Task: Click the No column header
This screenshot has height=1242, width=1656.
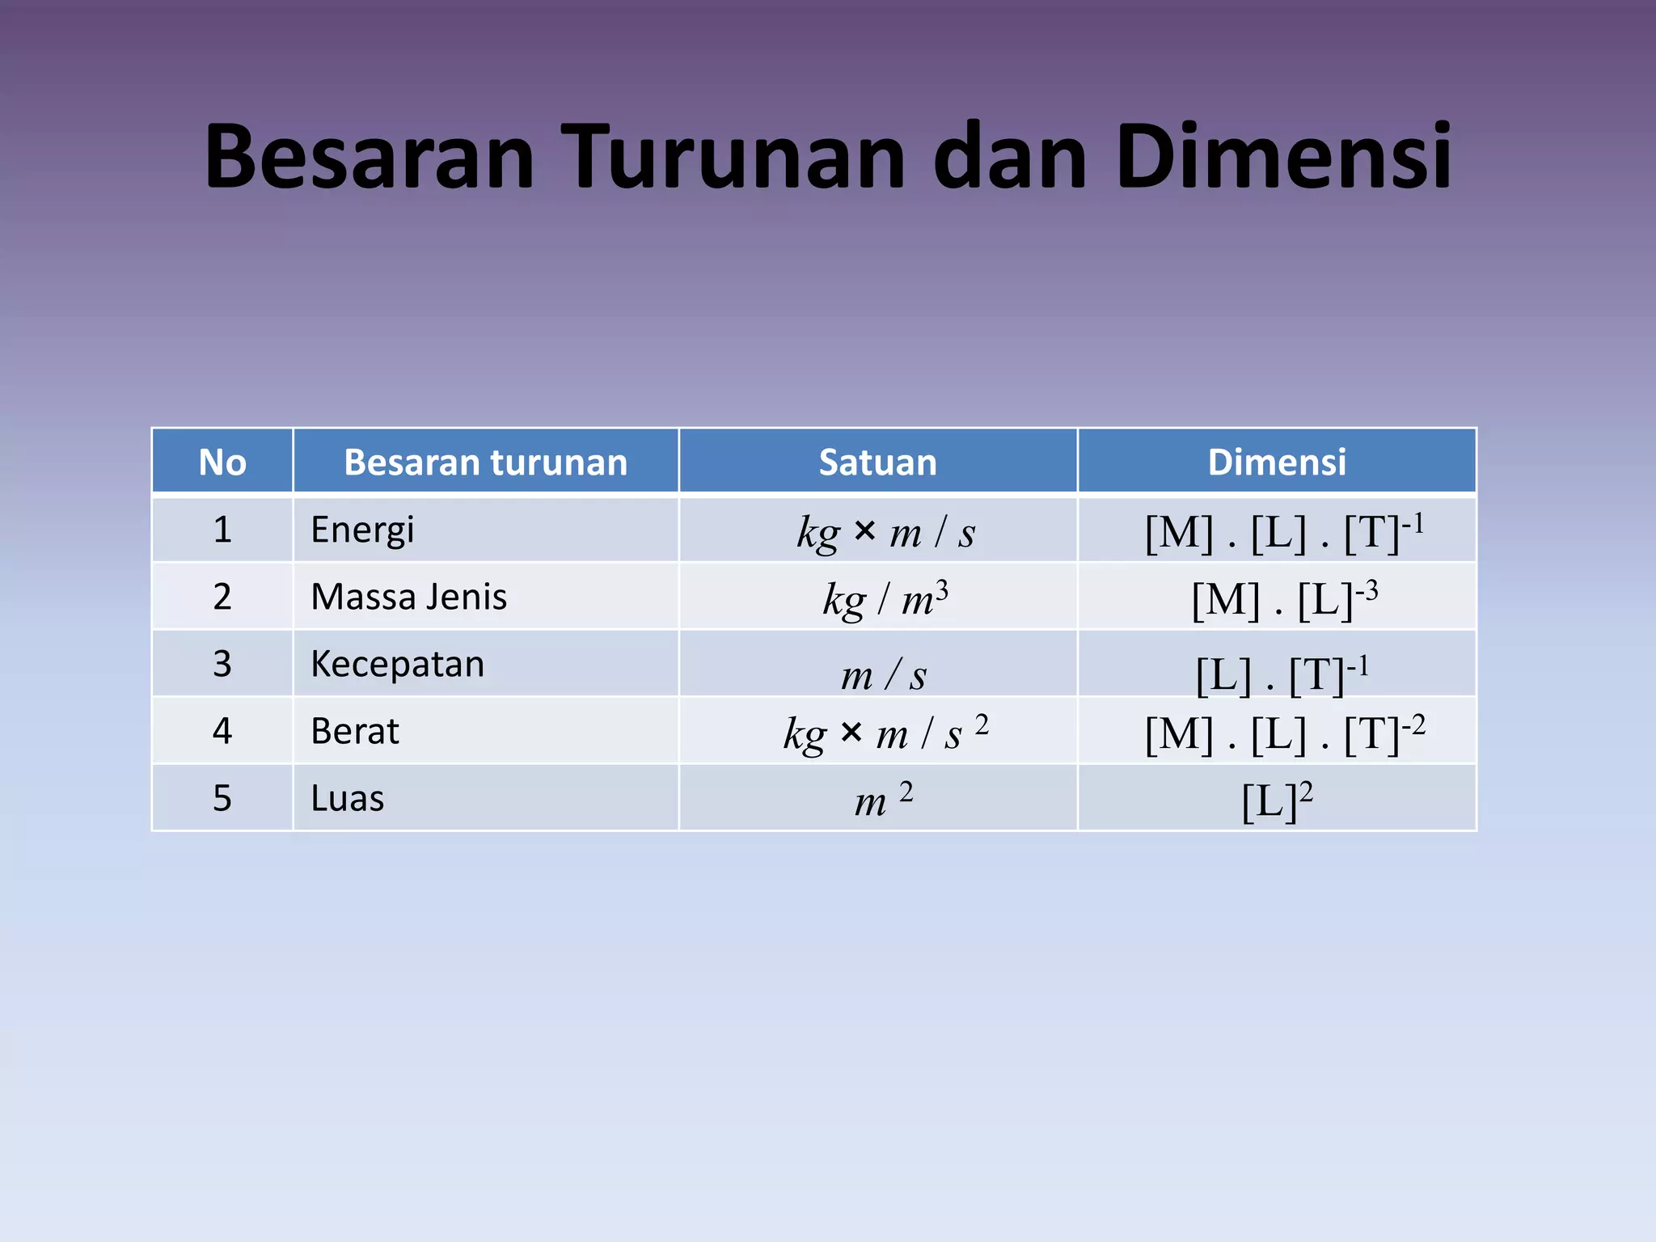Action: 222,463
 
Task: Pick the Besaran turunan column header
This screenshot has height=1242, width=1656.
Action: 485,463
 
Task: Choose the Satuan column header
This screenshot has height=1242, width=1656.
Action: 877,463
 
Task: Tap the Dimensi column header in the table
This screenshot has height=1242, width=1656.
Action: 1276,463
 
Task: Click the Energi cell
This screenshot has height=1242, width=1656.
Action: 362,530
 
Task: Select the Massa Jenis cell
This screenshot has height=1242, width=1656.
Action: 408,598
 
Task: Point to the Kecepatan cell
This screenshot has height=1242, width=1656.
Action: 397,665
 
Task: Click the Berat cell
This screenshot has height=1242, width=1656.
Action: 355,732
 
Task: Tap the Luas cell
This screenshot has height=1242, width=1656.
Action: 348,799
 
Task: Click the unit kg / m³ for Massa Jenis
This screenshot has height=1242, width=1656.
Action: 885,599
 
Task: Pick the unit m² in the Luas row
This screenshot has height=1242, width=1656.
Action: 883,800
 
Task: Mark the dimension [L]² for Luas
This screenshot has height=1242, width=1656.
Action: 1276,800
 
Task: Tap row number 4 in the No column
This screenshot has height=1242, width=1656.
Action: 222,732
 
